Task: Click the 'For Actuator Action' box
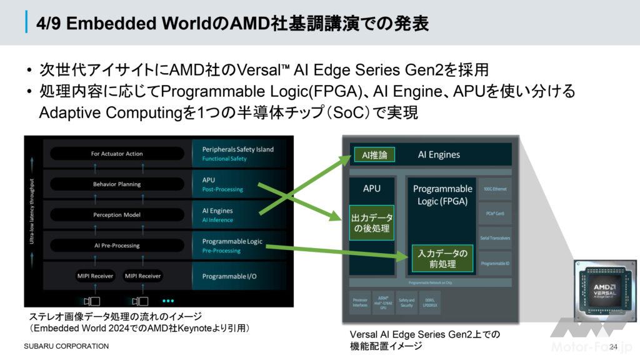[x=117, y=154]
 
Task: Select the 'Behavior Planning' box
[x=117, y=184]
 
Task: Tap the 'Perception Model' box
[x=117, y=215]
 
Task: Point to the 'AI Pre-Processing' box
[x=117, y=246]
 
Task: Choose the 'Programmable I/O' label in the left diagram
[x=229, y=276]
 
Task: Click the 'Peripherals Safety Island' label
[x=237, y=150]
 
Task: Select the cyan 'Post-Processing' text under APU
[x=222, y=189]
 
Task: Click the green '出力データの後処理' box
[x=372, y=222]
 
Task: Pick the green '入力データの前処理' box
[x=442, y=259]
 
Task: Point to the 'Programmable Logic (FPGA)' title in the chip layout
[x=442, y=194]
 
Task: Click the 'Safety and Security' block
[x=406, y=302]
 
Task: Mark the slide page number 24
[x=612, y=347]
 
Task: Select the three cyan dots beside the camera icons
[x=168, y=300]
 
